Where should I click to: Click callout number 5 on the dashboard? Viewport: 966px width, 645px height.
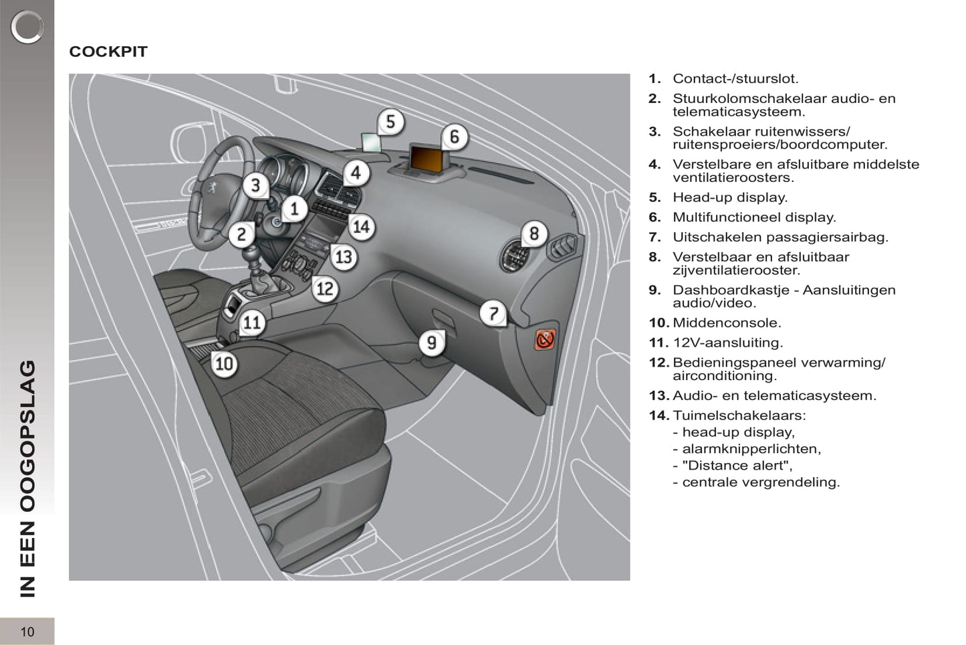(x=390, y=122)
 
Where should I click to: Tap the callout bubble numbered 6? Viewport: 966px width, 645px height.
(x=455, y=136)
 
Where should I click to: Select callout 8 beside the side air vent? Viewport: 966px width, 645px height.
(x=533, y=234)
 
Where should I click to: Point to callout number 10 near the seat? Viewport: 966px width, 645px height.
(x=224, y=363)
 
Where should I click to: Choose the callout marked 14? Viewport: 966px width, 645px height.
(x=361, y=227)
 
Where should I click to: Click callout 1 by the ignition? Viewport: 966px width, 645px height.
(x=294, y=209)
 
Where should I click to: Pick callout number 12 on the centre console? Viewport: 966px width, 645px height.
(x=325, y=288)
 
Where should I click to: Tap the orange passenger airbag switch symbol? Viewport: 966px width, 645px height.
(x=545, y=339)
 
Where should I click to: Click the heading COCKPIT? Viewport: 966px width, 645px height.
(x=108, y=52)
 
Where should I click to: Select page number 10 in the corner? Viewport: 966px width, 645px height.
(x=27, y=632)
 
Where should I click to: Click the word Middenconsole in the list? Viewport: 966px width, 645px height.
(x=726, y=322)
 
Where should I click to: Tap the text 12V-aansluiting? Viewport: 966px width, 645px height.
(x=727, y=343)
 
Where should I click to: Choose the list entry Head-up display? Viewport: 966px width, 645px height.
(x=730, y=197)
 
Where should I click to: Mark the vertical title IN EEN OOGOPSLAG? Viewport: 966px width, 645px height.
(x=27, y=478)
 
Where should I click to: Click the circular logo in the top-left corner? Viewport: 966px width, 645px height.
(x=27, y=27)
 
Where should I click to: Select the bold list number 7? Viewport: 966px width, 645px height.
(x=654, y=237)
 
